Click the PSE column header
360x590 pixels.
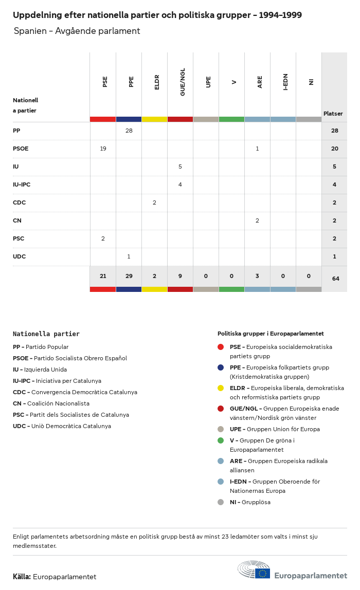click(105, 81)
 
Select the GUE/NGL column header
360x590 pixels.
click(183, 82)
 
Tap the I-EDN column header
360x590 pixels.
click(285, 82)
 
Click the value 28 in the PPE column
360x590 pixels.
click(129, 131)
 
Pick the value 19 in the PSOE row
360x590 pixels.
click(103, 149)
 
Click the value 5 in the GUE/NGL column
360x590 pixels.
click(180, 167)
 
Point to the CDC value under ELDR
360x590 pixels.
click(154, 202)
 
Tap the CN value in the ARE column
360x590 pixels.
click(257, 220)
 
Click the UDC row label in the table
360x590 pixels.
click(19, 256)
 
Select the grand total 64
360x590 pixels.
click(335, 279)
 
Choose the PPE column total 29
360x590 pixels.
click(129, 276)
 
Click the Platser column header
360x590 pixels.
click(333, 114)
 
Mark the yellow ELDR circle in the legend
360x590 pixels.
click(221, 388)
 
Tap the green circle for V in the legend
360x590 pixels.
click(221, 440)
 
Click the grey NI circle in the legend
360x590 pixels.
click(221, 502)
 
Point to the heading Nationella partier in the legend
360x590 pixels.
click(46, 334)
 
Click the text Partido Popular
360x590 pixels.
click(47, 347)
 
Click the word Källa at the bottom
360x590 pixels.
click(22, 577)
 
